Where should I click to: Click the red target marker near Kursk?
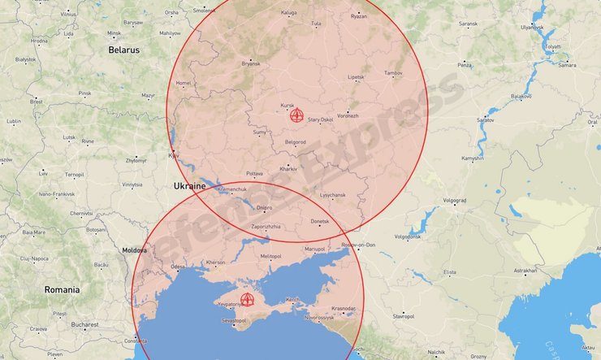pos(297,115)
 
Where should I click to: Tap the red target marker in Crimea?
pos(248,300)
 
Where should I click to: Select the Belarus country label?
pos(123,50)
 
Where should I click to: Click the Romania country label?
pos(63,289)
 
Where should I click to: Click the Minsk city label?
pos(97,33)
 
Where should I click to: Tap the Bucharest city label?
pos(84,324)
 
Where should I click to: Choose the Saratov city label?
pos(485,119)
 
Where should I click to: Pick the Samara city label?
pos(568,65)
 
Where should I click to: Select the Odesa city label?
pos(178,267)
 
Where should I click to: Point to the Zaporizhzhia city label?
pos(266,226)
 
